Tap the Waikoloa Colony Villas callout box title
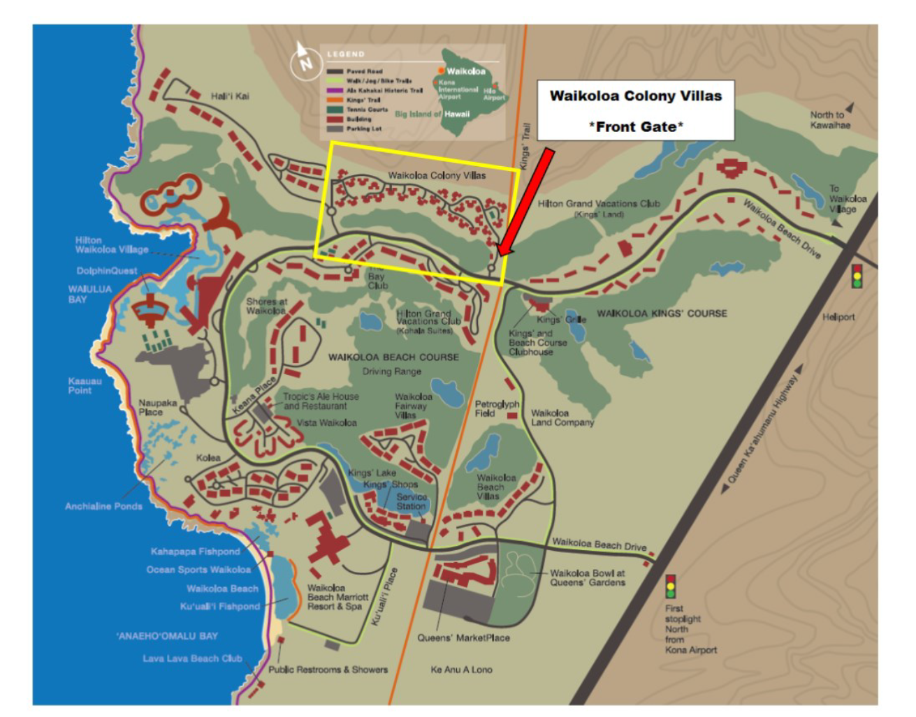click(x=635, y=96)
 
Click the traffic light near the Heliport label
click(x=856, y=276)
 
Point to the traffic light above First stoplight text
click(x=670, y=586)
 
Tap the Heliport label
click(x=838, y=317)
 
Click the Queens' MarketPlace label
click(x=463, y=637)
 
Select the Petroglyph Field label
click(x=496, y=408)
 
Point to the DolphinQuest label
click(x=107, y=271)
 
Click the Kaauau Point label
click(x=85, y=386)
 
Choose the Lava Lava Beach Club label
click(x=192, y=658)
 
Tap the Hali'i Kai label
click(x=230, y=96)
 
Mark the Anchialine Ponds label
click(x=103, y=506)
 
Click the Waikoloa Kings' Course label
click(x=661, y=313)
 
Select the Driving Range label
click(x=391, y=371)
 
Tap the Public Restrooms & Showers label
click(x=328, y=670)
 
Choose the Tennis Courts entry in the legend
click(x=366, y=110)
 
